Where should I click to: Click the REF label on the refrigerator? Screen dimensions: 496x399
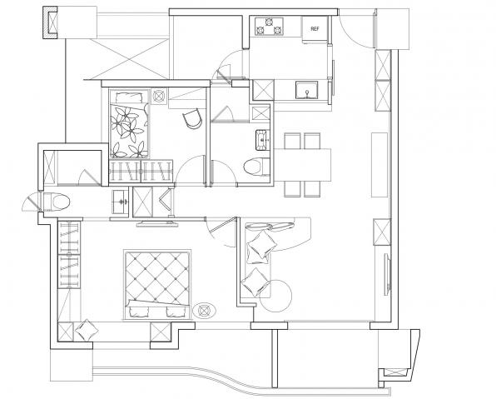tap(315, 29)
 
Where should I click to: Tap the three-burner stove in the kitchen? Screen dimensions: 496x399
tap(269, 26)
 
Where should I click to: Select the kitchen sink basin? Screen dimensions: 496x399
tap(306, 90)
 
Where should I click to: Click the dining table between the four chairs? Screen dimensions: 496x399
tap(302, 165)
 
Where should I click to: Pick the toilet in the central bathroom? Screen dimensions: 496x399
tap(256, 167)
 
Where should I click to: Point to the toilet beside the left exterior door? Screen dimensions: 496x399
tap(56, 202)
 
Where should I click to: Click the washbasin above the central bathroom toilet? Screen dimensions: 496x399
tap(262, 139)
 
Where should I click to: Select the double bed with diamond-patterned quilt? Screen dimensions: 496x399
tap(157, 284)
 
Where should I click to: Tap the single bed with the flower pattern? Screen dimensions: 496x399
tap(129, 124)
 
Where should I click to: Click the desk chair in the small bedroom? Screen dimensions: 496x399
tap(192, 118)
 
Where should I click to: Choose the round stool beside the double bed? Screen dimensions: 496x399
tap(205, 311)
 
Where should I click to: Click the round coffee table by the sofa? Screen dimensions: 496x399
tap(275, 296)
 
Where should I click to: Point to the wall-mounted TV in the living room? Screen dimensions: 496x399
tap(387, 274)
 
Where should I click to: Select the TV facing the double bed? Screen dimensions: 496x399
tap(157, 223)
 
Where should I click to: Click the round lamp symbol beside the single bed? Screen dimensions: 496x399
tap(159, 96)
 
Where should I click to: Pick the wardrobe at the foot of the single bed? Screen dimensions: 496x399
tap(141, 172)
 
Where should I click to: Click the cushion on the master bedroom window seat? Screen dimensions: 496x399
tap(87, 330)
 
